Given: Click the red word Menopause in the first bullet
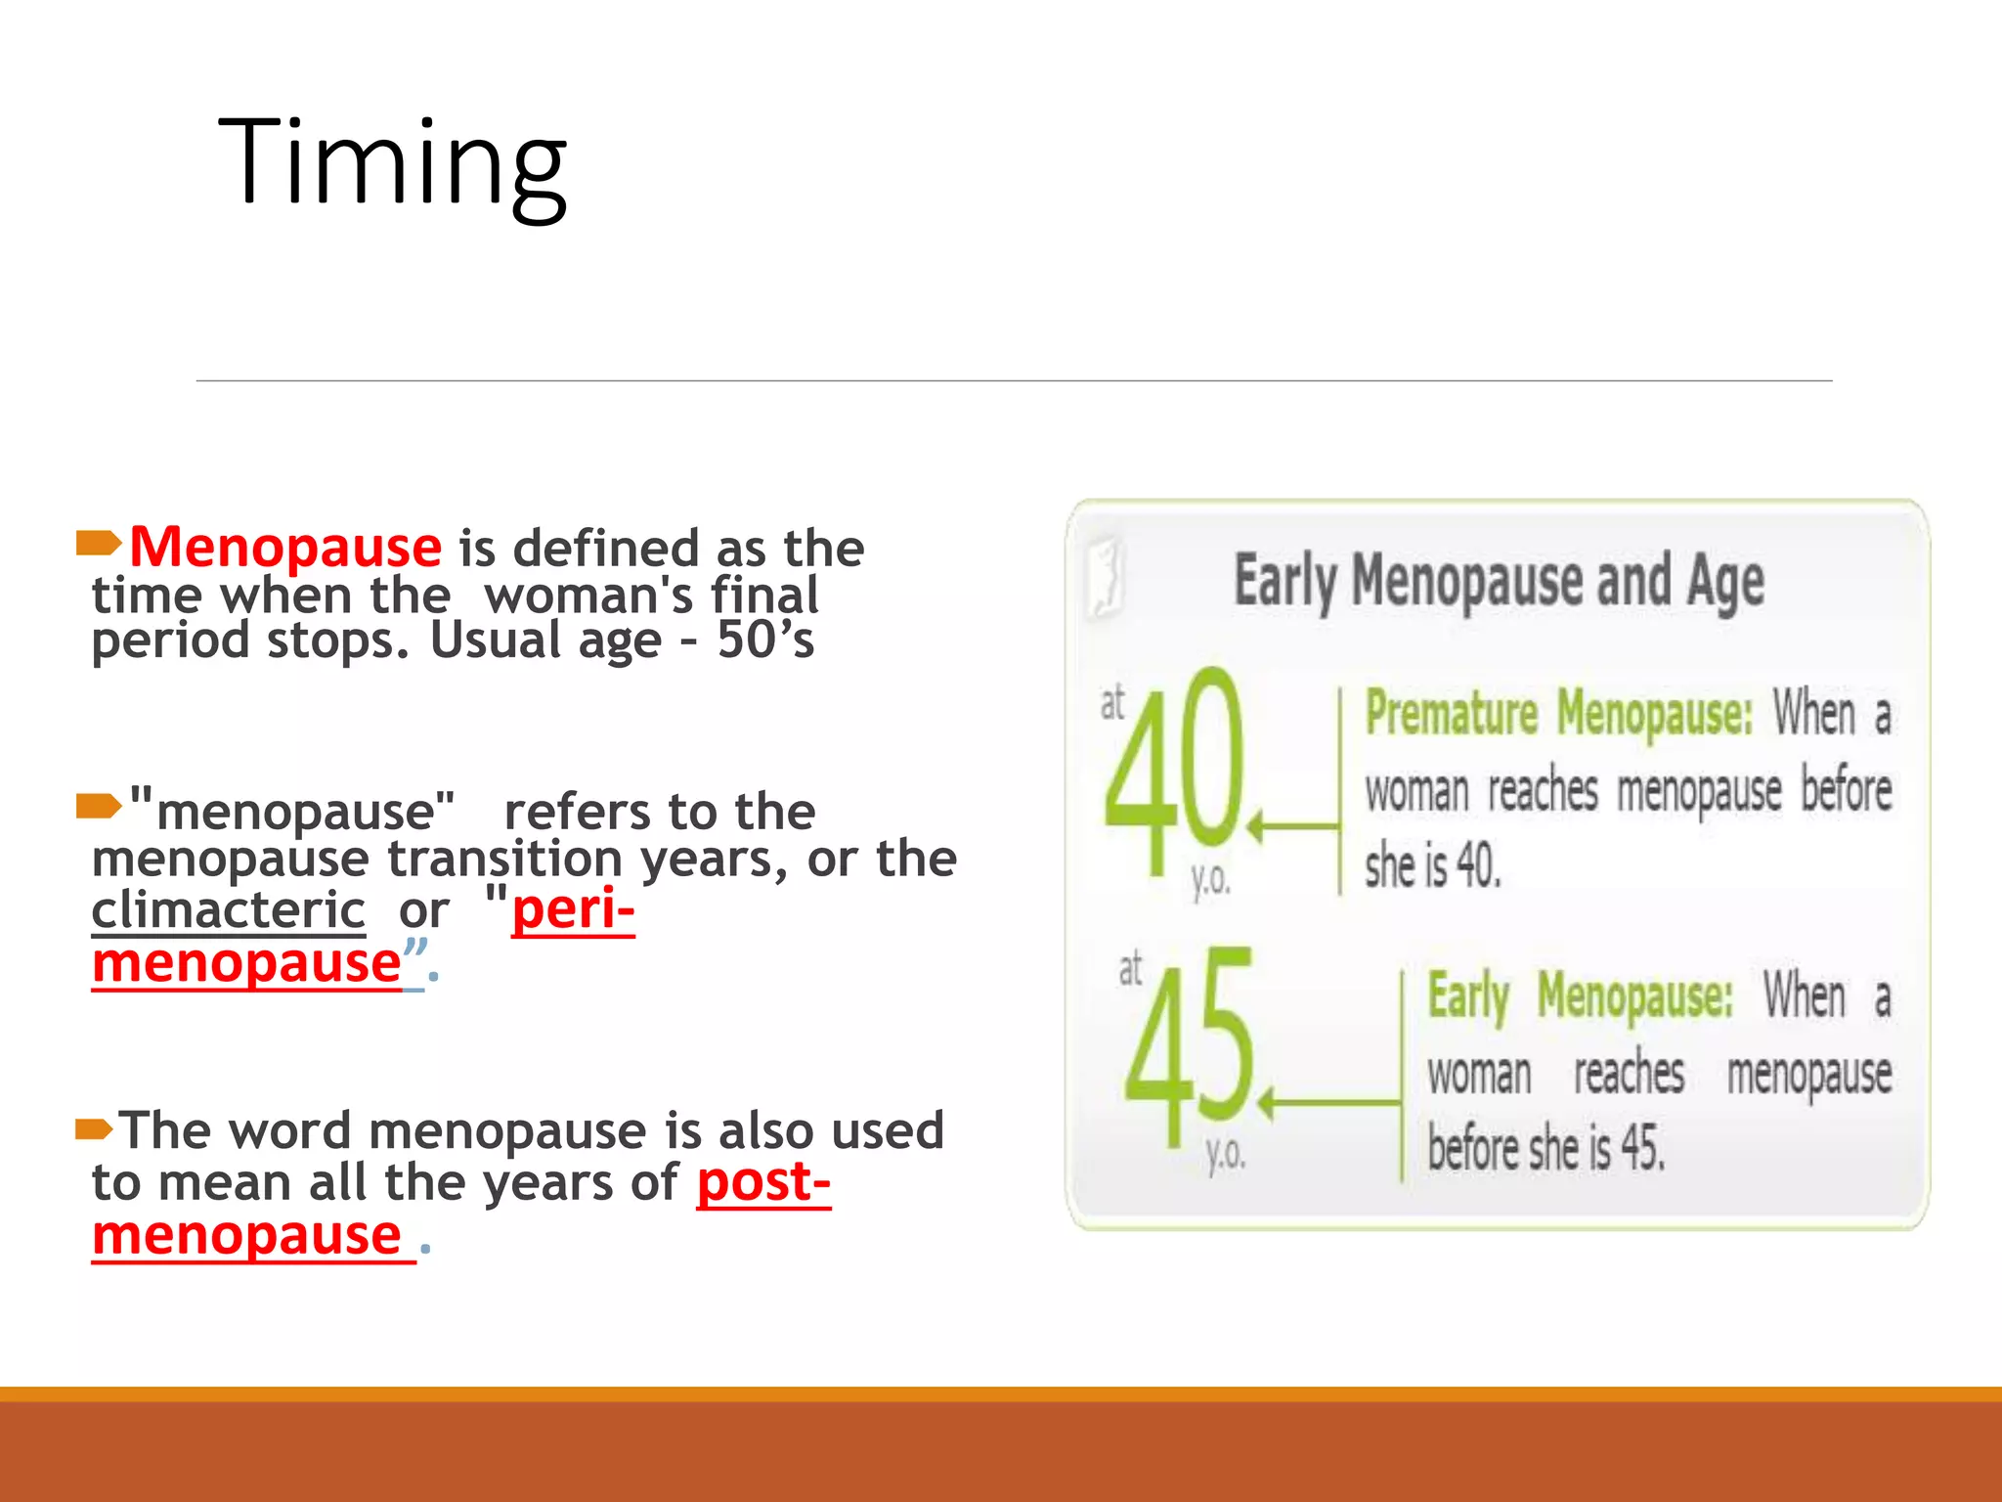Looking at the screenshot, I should [x=285, y=547].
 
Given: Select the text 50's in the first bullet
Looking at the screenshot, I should [x=765, y=641].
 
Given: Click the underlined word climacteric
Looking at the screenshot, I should [x=228, y=910].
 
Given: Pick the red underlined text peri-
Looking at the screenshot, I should [x=573, y=910].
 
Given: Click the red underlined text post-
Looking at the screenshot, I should [x=763, y=1182].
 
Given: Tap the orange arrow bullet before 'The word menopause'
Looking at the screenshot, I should [x=96, y=1130].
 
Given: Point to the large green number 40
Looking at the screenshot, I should [x=1174, y=772].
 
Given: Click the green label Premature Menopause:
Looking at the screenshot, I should [x=1558, y=713].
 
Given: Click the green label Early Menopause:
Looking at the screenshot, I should [x=1580, y=996].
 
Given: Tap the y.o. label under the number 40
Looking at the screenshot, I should [x=1210, y=881].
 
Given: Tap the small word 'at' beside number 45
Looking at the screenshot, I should [x=1130, y=969].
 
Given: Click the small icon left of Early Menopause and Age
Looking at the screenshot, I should [x=1107, y=578].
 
